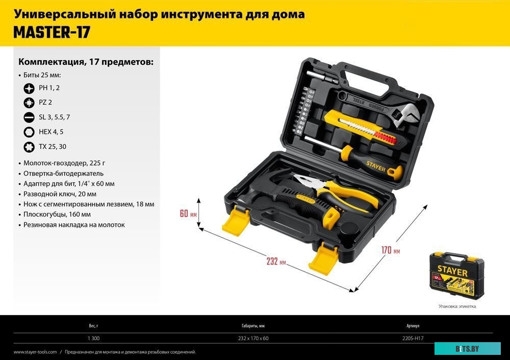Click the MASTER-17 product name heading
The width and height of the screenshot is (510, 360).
point(52,32)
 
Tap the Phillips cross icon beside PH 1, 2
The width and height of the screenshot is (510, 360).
point(29,88)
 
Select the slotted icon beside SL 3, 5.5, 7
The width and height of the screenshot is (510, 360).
point(29,117)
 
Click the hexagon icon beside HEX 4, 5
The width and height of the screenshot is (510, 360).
point(29,132)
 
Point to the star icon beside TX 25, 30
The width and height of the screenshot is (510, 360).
point(29,147)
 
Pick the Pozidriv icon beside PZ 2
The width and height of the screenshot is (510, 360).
point(29,102)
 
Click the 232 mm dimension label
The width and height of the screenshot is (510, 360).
point(276,262)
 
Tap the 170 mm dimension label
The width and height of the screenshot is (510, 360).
point(390,250)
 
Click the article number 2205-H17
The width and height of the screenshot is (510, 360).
point(413,338)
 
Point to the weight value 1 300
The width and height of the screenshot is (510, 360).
point(93,338)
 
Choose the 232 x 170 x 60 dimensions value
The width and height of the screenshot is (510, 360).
point(253,338)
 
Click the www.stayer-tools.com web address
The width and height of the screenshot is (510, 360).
point(35,352)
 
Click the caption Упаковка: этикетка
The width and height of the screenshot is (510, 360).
point(457,306)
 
